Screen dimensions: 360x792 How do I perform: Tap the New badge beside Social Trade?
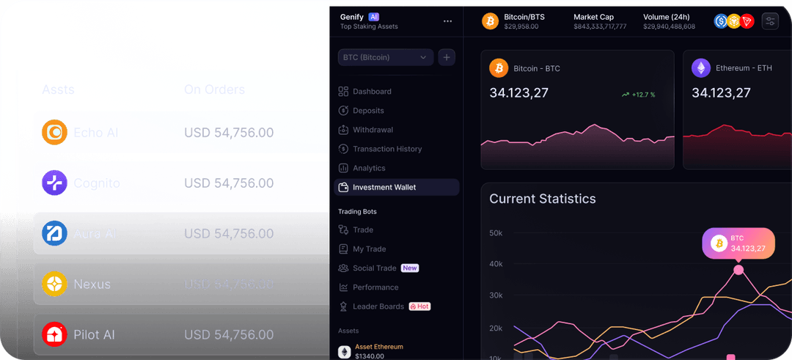click(x=410, y=268)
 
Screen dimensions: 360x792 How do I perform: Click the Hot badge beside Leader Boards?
click(x=420, y=306)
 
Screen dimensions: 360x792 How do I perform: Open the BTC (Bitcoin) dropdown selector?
click(x=386, y=57)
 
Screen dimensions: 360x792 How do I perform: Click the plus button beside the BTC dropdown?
click(x=447, y=57)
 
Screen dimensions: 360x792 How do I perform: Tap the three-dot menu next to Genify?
click(x=447, y=21)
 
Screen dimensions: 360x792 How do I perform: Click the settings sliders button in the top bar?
click(x=770, y=21)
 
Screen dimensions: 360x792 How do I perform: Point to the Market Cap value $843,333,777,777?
click(x=600, y=26)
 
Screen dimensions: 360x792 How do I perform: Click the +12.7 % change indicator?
click(x=638, y=95)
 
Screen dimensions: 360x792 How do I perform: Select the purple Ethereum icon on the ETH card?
click(x=701, y=68)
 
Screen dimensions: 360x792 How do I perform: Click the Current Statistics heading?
click(x=543, y=199)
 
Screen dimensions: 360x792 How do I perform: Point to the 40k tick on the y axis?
click(x=496, y=264)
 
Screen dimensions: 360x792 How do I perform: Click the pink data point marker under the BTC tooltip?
click(x=738, y=270)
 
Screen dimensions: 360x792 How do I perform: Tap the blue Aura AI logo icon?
click(x=54, y=234)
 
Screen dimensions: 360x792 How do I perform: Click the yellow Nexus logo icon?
click(x=54, y=284)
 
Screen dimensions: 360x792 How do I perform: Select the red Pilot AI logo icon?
click(x=54, y=334)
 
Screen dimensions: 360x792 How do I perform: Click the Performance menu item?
click(x=375, y=287)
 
